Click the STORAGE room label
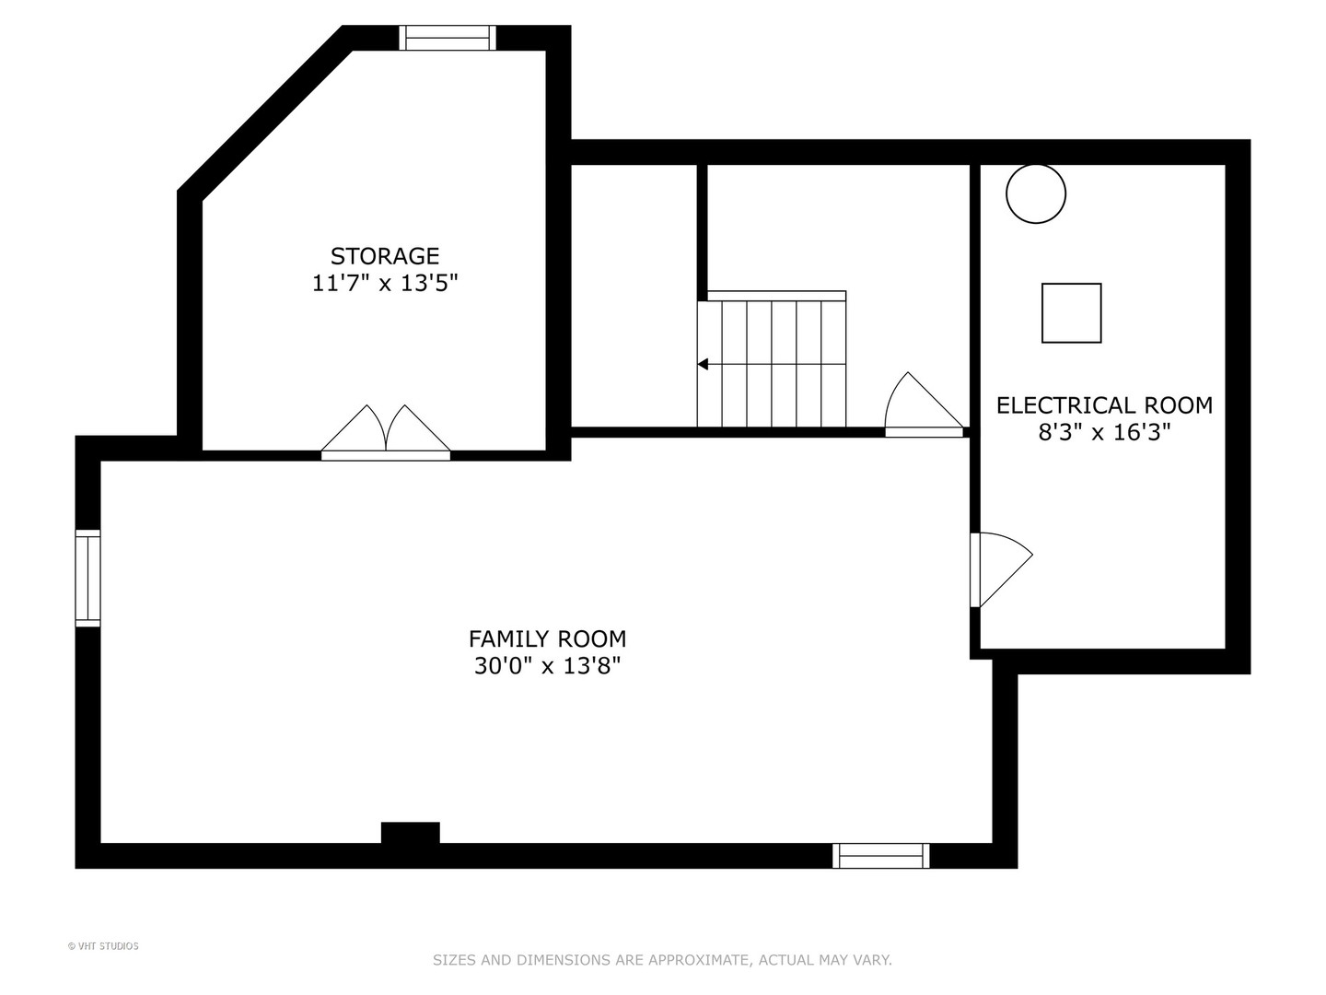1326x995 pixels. coord(385,256)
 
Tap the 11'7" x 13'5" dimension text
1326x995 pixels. coord(385,284)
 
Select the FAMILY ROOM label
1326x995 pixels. coord(547,638)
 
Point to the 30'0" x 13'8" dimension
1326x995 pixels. coord(547,666)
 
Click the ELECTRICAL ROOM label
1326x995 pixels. coord(1104,405)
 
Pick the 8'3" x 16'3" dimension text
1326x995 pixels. coord(1104,433)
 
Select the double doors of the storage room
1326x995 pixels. coord(386,432)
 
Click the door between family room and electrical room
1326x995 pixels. coord(1000,569)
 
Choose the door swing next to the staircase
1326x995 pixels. coord(924,404)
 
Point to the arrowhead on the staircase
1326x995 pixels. coord(703,364)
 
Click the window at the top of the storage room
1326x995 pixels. coord(447,38)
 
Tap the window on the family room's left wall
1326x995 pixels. coord(87,579)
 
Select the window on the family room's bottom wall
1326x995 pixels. coord(881,856)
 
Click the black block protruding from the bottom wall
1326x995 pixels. coord(410,833)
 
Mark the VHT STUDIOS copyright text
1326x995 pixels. coord(103,946)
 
